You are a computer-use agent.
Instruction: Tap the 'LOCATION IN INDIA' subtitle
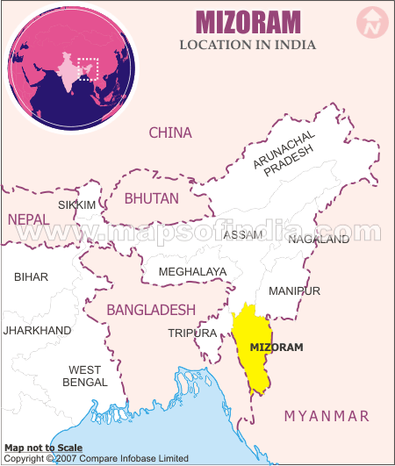tap(248, 44)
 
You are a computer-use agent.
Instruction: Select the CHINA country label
tap(170, 133)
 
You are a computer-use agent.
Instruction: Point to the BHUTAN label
tap(151, 198)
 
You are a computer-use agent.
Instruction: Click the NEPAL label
tap(29, 218)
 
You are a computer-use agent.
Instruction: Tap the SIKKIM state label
tap(76, 204)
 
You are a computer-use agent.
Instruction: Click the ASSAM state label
tap(242, 235)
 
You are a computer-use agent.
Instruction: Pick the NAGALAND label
tap(319, 239)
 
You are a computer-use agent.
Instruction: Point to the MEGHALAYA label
tap(192, 272)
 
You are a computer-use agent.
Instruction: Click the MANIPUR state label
tap(294, 290)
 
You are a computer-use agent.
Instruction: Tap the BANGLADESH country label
tap(151, 310)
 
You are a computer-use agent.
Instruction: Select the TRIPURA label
tap(191, 333)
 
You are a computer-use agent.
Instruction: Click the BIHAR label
tap(32, 276)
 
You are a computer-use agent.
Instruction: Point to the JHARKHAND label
tap(37, 331)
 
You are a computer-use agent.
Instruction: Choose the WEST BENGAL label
tap(85, 376)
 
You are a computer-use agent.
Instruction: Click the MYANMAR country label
tap(326, 415)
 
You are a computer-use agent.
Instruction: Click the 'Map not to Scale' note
tap(43, 447)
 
